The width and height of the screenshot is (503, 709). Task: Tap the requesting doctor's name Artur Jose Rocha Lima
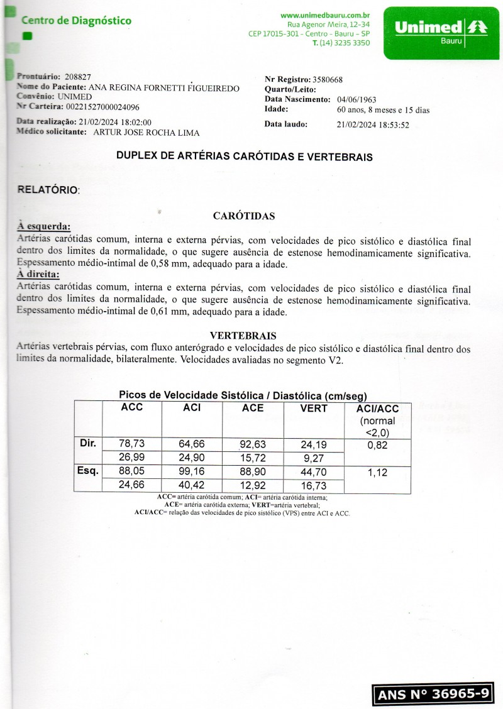[146, 133]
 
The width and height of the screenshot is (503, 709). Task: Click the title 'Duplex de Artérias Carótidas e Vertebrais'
[245, 157]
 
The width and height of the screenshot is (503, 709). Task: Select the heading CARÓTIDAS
[244, 216]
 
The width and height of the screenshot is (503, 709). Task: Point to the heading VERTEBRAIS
[243, 335]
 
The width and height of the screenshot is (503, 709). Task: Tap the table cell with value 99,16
[192, 471]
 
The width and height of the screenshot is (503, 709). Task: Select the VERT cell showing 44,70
[313, 471]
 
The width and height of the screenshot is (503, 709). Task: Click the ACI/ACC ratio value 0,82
[377, 445]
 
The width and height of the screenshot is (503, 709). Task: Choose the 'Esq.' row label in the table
[87, 470]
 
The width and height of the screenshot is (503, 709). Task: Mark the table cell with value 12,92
[253, 485]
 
